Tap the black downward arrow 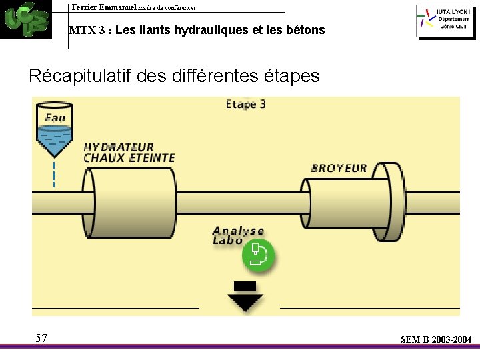pyautogui.click(x=245, y=297)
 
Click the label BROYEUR pyautogui.click(x=339, y=167)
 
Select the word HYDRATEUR pyautogui.click(x=119, y=147)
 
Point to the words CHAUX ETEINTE pyautogui.click(x=129, y=158)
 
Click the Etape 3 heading pyautogui.click(x=246, y=104)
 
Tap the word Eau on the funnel pyautogui.click(x=55, y=118)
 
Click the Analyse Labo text pyautogui.click(x=237, y=235)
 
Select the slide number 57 pyautogui.click(x=41, y=338)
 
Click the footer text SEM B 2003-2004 pyautogui.click(x=436, y=340)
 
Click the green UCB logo pyautogui.click(x=25, y=19)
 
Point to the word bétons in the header pyautogui.click(x=307, y=30)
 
